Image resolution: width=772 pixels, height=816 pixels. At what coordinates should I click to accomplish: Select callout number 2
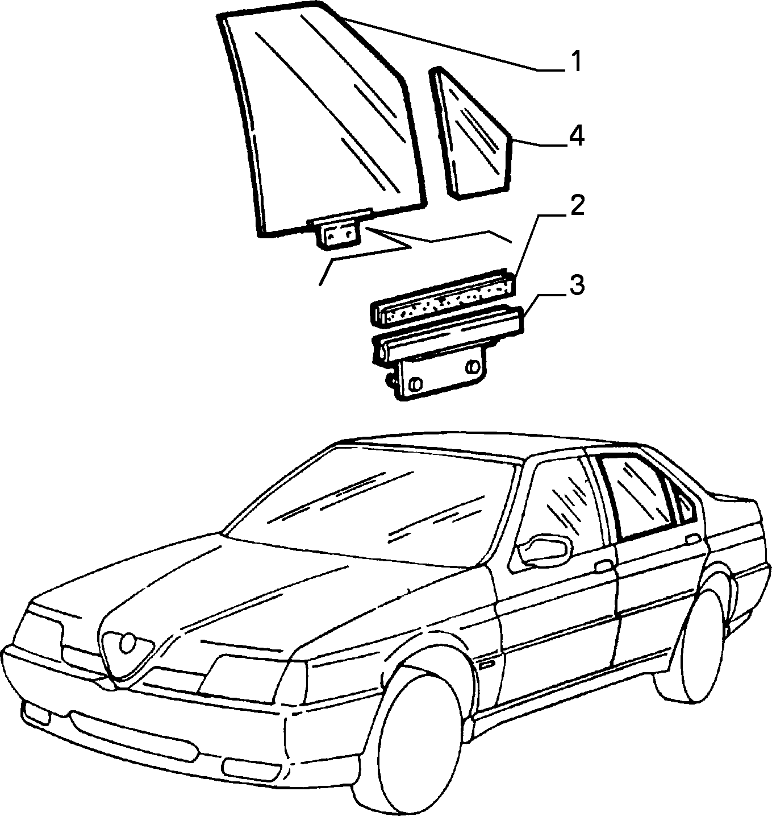tap(577, 205)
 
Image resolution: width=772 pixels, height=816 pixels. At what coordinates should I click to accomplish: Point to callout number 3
tap(577, 285)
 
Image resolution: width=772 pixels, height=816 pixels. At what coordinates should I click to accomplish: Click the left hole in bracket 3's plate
tap(415, 383)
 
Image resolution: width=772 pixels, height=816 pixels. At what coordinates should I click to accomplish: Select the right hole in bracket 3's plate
tap(472, 366)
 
